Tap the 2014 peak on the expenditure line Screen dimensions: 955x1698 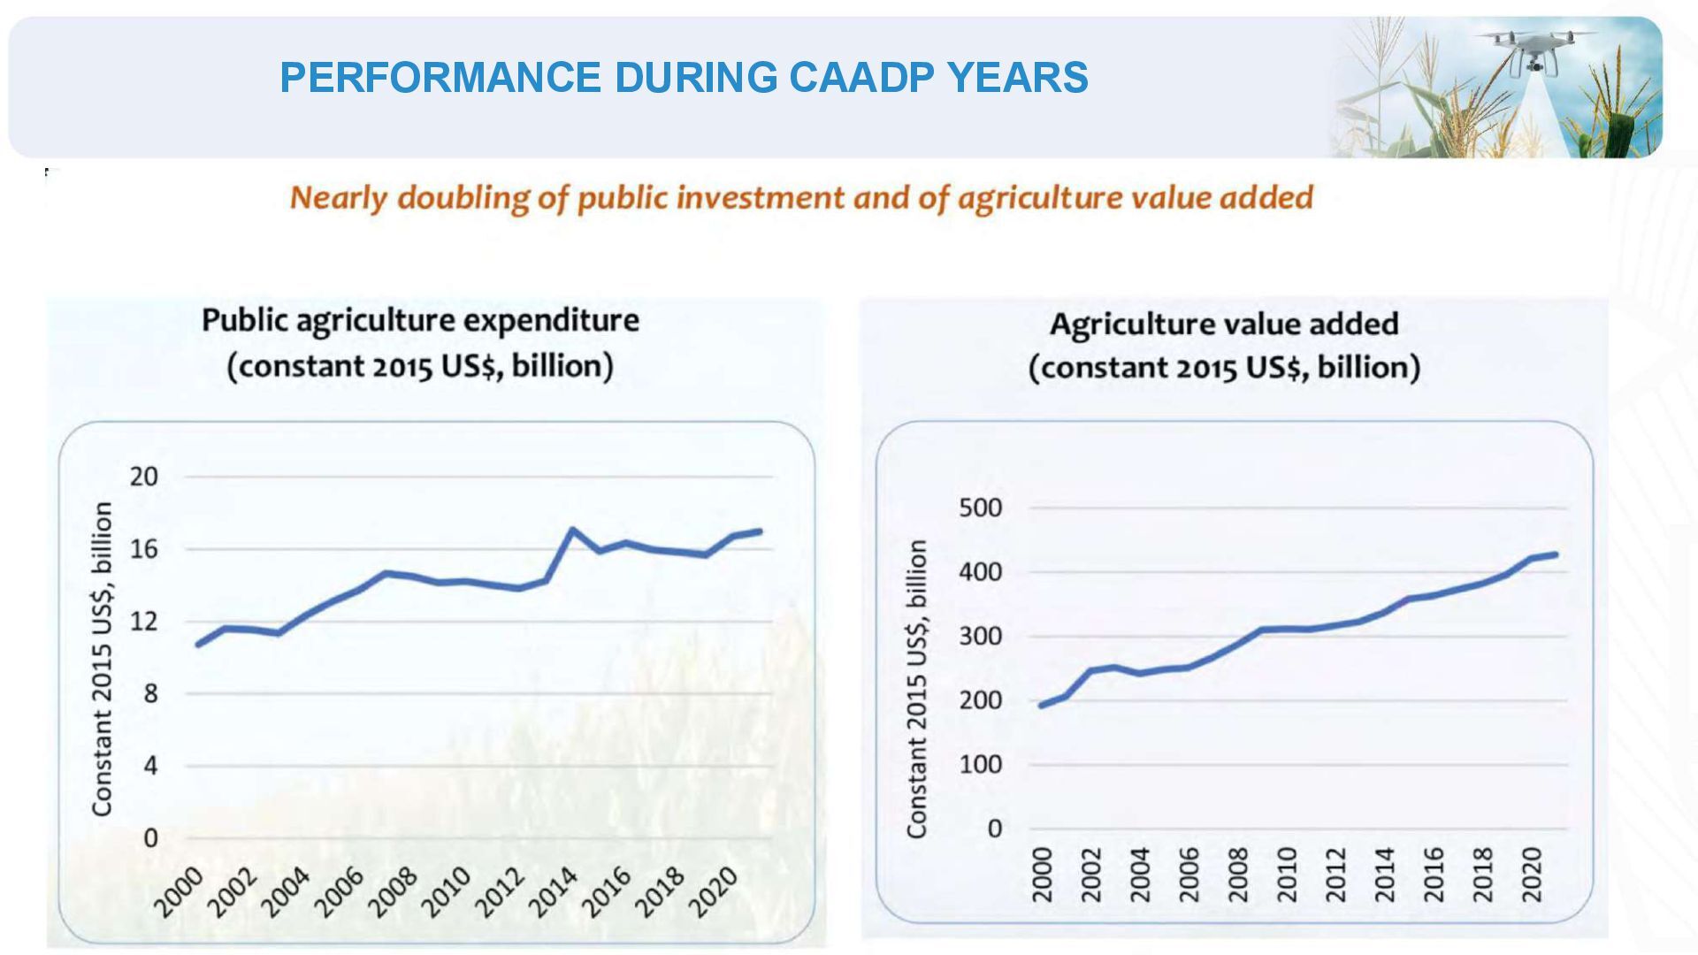pyautogui.click(x=572, y=531)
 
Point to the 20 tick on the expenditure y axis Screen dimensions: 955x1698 pyautogui.click(x=143, y=477)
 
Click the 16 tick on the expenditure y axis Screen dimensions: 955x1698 pyautogui.click(x=143, y=549)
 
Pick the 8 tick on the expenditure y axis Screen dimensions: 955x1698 pyautogui.click(x=149, y=694)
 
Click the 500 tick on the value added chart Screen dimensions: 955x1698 pyautogui.click(x=981, y=508)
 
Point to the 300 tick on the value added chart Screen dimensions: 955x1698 pyautogui.click(x=981, y=637)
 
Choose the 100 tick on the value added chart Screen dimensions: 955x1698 pyautogui.click(x=981, y=765)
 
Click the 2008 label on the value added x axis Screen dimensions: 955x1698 pyautogui.click(x=1238, y=875)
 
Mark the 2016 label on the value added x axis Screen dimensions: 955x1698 pyautogui.click(x=1434, y=875)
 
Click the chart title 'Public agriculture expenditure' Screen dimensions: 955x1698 pyautogui.click(x=420, y=320)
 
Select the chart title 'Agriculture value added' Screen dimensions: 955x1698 pyautogui.click(x=1224, y=324)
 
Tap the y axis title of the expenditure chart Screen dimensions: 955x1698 pyautogui.click(x=103, y=659)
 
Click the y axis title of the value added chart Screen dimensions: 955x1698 pyautogui.click(x=916, y=689)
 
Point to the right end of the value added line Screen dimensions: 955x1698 pyautogui.click(x=1556, y=554)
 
